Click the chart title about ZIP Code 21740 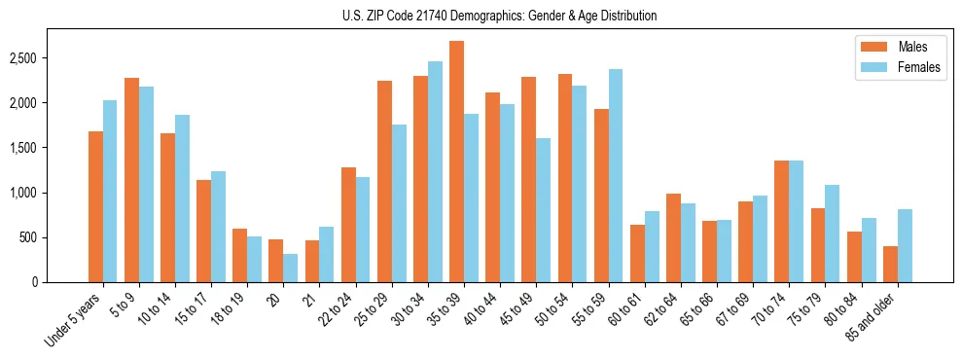click(x=499, y=16)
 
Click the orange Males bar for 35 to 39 click(x=456, y=162)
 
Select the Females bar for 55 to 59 click(x=616, y=176)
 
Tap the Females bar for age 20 click(x=291, y=269)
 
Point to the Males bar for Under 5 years click(x=95, y=207)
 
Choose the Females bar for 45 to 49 click(x=543, y=210)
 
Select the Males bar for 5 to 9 click(x=131, y=180)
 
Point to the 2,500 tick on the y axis click(x=50, y=58)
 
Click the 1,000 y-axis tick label click(x=50, y=193)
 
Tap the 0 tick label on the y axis click(x=60, y=282)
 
